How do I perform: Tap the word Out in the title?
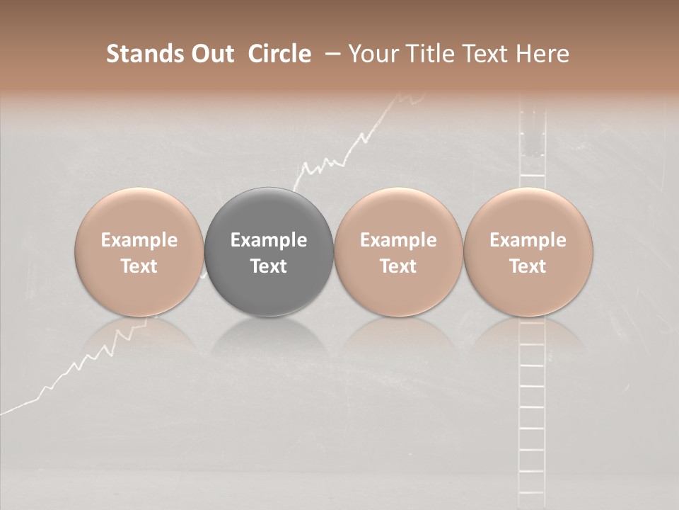210,54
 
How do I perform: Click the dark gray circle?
269,252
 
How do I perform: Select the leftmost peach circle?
139,252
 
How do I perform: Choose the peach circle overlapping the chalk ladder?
528,252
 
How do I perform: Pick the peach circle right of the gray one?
398,252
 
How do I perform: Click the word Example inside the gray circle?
269,240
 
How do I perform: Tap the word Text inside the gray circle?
269,266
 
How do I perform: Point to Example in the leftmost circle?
139,240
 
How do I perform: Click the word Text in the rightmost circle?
528,266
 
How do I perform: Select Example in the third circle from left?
398,240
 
